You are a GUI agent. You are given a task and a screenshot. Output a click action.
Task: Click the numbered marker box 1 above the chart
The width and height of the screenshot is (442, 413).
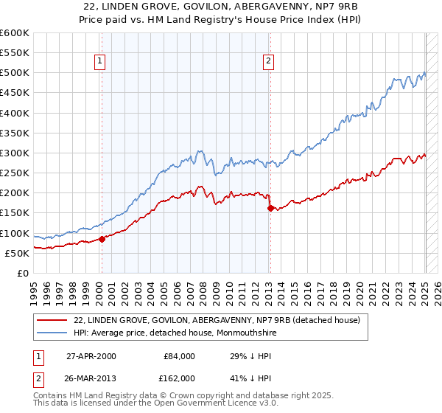coord(99,62)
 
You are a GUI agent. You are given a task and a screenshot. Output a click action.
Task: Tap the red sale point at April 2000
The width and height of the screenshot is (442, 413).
coord(102,238)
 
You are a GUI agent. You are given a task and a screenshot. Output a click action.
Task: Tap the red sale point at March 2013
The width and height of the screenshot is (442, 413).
coord(270,208)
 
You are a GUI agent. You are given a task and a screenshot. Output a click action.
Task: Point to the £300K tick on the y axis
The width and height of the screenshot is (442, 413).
coord(16,153)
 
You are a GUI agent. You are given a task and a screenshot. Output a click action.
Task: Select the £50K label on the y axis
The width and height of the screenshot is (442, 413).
coord(18,253)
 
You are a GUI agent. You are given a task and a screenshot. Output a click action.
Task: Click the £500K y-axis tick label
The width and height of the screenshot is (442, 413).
coord(16,73)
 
